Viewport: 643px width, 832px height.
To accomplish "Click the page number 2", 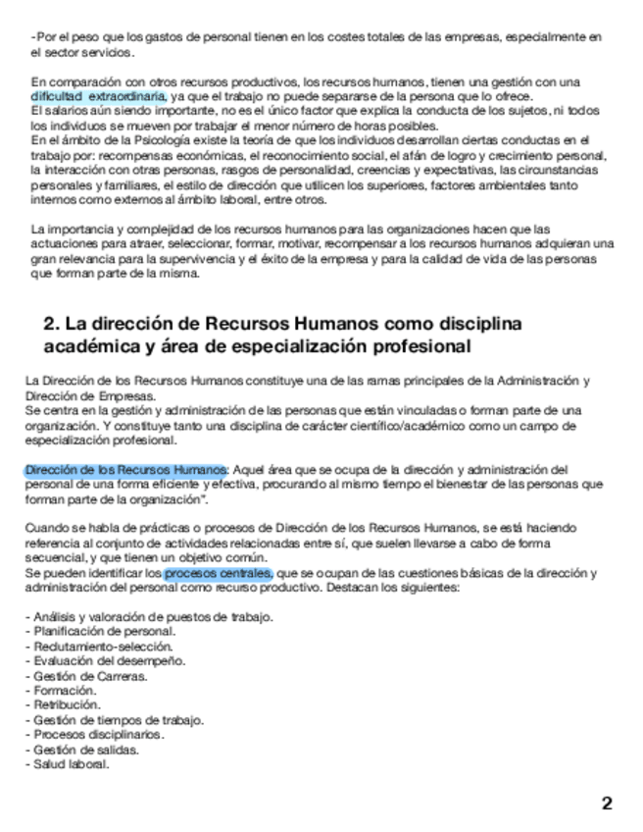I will coord(608,804).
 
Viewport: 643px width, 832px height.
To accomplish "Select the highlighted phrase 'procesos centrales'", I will coord(218,572).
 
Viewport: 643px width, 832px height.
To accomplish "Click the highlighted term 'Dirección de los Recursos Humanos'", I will coord(125,469).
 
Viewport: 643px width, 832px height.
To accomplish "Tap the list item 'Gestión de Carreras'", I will coord(89,676).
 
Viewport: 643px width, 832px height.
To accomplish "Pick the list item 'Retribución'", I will coord(67,704).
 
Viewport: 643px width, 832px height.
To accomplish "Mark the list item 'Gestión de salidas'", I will coord(83,749).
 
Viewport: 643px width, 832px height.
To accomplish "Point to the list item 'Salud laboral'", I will coord(70,763).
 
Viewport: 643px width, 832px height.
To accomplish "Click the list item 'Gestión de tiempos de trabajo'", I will coord(117,719).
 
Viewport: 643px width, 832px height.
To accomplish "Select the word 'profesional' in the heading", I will coord(416,346).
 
